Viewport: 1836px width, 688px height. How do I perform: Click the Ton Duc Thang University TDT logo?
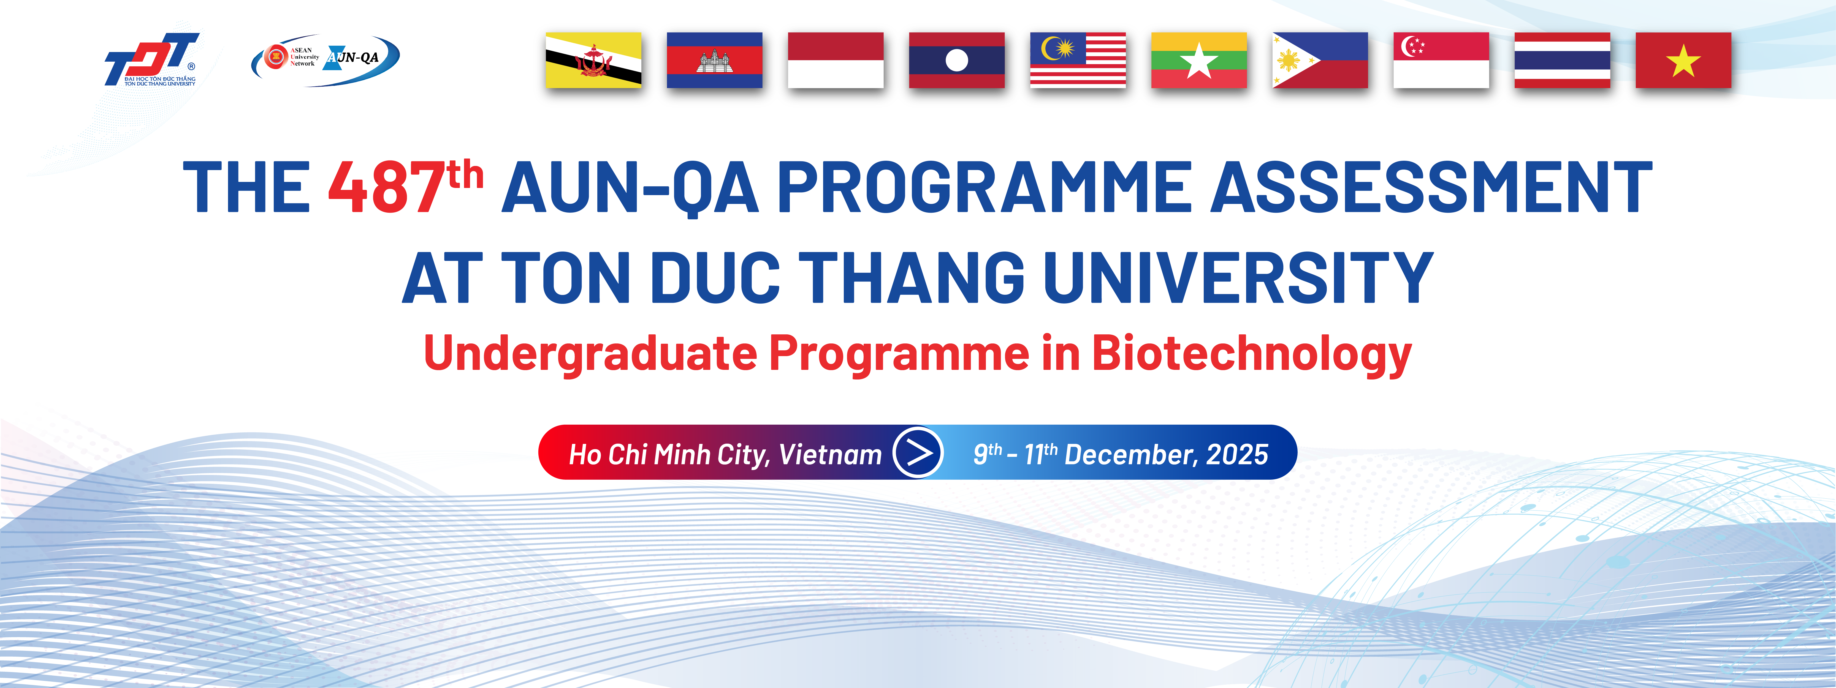151,59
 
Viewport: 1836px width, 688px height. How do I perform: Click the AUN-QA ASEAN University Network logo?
326,60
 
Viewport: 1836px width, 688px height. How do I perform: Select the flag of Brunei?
593,60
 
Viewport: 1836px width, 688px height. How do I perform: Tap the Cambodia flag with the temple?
714,60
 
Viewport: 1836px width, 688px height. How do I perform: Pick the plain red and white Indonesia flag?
835,60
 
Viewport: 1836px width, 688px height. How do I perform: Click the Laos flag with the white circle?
956,60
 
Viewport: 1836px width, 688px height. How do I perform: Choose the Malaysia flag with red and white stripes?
1078,60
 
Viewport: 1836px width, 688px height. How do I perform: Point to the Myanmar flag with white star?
1199,60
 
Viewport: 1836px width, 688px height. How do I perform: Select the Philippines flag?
1320,60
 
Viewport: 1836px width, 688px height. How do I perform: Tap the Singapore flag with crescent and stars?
1441,60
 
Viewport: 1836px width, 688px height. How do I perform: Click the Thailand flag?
1562,60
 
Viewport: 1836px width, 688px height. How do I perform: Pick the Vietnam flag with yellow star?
1683,60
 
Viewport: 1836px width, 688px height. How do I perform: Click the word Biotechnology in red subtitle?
1252,354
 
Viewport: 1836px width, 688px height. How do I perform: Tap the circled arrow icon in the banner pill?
918,452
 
